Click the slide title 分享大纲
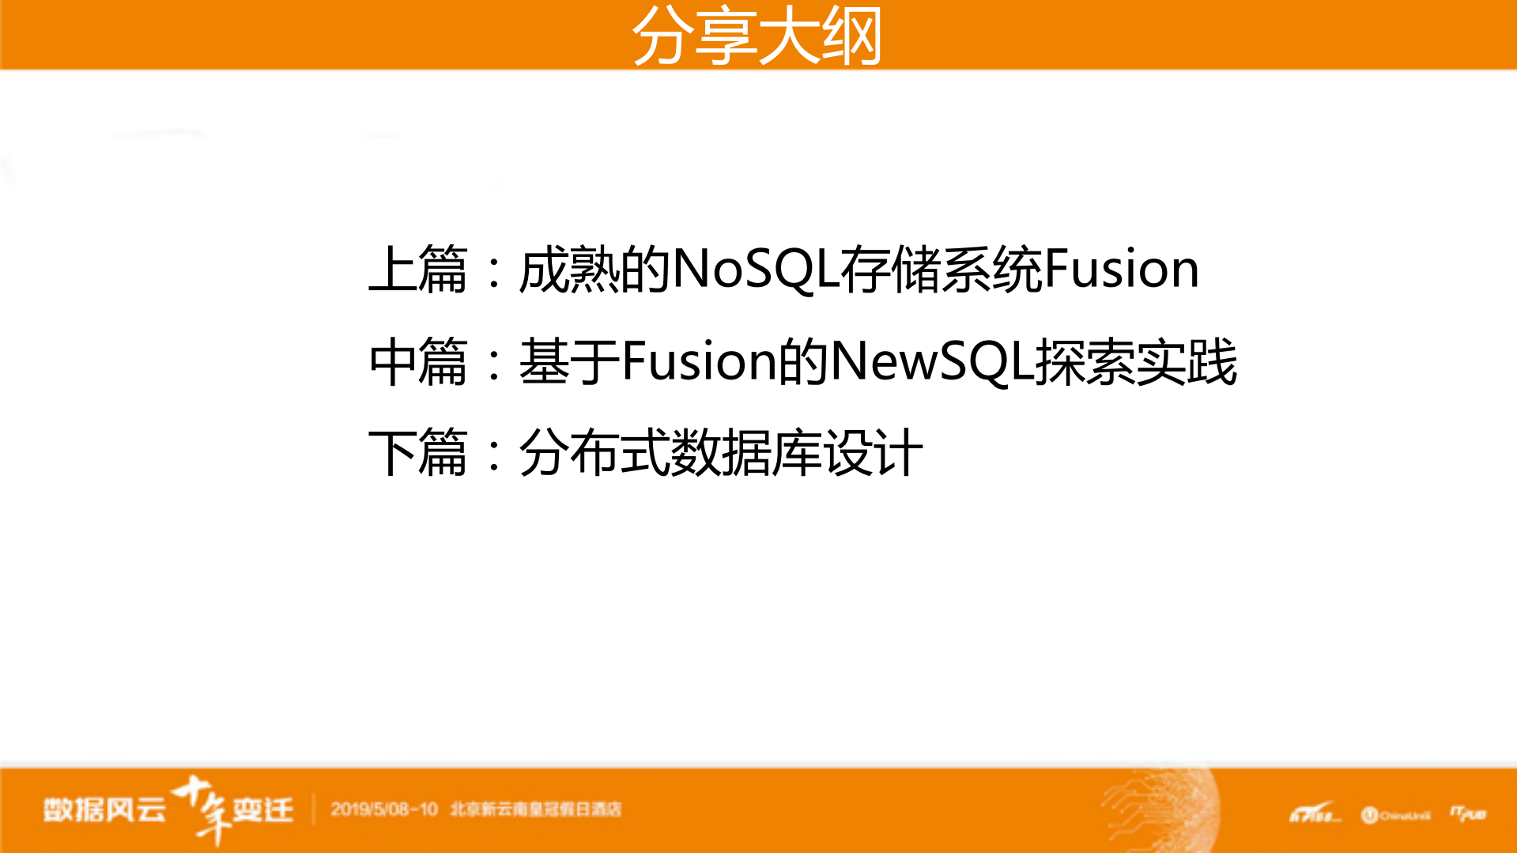(757, 36)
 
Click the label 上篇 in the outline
(418, 270)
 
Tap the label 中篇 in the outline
(418, 361)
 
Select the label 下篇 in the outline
(418, 453)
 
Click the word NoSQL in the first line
(755, 270)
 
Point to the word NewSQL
(932, 361)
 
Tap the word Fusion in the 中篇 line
(699, 361)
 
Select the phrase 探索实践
(1136, 361)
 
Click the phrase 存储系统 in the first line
(941, 270)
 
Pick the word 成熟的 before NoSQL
(594, 270)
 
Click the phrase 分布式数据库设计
(720, 453)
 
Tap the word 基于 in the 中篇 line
(568, 361)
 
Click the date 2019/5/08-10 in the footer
(384, 810)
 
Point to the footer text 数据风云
(104, 810)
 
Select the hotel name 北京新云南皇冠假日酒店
(536, 810)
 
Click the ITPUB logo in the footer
(1468, 813)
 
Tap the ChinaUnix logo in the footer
(1396, 815)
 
